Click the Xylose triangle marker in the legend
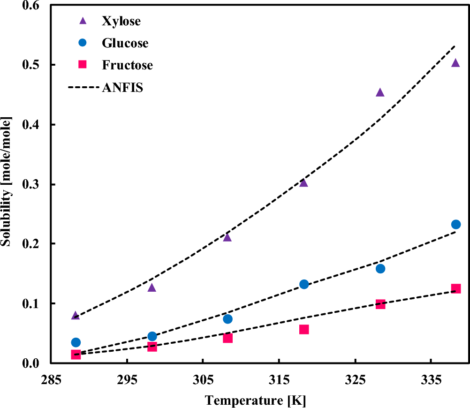[83, 21]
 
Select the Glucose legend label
[125, 43]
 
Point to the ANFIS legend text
[122, 88]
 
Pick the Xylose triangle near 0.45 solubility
[380, 92]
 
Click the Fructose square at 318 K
[304, 330]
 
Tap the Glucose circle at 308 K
[228, 319]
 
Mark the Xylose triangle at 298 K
[152, 287]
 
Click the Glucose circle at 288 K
[76, 342]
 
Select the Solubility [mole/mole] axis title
[7, 183]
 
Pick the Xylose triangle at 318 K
[303, 182]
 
